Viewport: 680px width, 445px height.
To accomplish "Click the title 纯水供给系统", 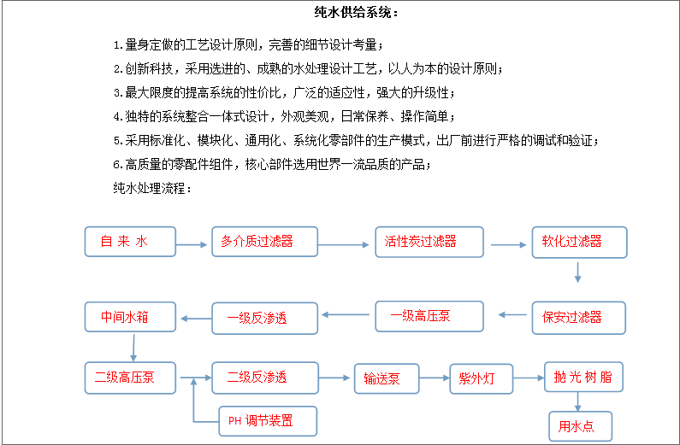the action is click(x=356, y=12).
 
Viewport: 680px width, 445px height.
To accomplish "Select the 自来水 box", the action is click(x=130, y=242).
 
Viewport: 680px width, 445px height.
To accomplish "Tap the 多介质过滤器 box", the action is click(x=264, y=242).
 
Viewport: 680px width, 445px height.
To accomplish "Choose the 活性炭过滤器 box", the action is click(x=429, y=242).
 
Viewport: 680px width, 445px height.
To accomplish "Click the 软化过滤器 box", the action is click(x=579, y=242).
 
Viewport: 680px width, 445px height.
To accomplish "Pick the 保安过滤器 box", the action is click(x=579, y=318).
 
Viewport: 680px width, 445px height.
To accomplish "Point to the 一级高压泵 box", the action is click(x=429, y=316).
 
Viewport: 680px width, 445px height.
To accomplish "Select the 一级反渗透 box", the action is click(x=264, y=319).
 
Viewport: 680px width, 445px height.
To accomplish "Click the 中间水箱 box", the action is click(x=130, y=317).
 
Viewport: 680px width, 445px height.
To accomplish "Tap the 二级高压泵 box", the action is click(x=130, y=378).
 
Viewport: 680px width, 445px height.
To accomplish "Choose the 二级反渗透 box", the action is click(x=265, y=378).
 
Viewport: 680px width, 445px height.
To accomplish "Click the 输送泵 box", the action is click(x=387, y=378).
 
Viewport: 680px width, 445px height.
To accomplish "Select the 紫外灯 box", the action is click(x=482, y=378).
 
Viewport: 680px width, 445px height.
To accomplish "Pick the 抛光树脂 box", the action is click(x=583, y=377).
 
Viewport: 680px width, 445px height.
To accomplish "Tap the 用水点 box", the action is click(x=581, y=426).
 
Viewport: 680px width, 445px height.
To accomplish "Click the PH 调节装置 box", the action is click(x=268, y=421).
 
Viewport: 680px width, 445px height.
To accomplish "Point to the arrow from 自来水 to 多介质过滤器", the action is click(x=192, y=244).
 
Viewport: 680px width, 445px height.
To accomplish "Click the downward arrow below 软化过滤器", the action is click(x=577, y=272).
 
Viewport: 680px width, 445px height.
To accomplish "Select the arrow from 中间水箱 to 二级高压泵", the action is click(x=133, y=348).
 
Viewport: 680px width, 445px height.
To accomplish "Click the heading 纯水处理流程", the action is click(x=152, y=188).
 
